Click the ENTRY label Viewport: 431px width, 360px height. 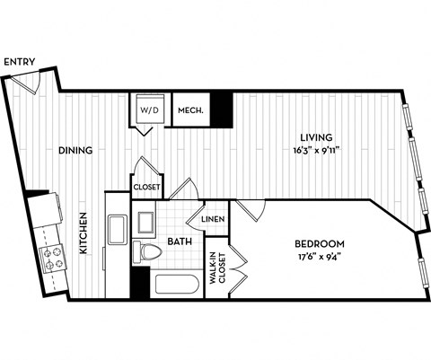coord(20,62)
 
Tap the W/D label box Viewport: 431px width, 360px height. coord(148,110)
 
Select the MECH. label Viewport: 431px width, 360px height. coord(189,110)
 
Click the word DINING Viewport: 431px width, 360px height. coord(75,150)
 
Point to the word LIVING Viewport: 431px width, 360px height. coord(318,137)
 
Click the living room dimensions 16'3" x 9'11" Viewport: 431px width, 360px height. coord(318,150)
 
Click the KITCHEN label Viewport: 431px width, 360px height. coord(83,233)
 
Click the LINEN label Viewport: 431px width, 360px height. coord(212,219)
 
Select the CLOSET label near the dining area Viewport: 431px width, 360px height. coord(146,188)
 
